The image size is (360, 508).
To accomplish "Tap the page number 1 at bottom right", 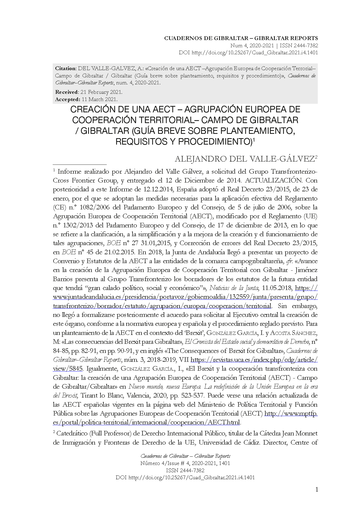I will [316, 489].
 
